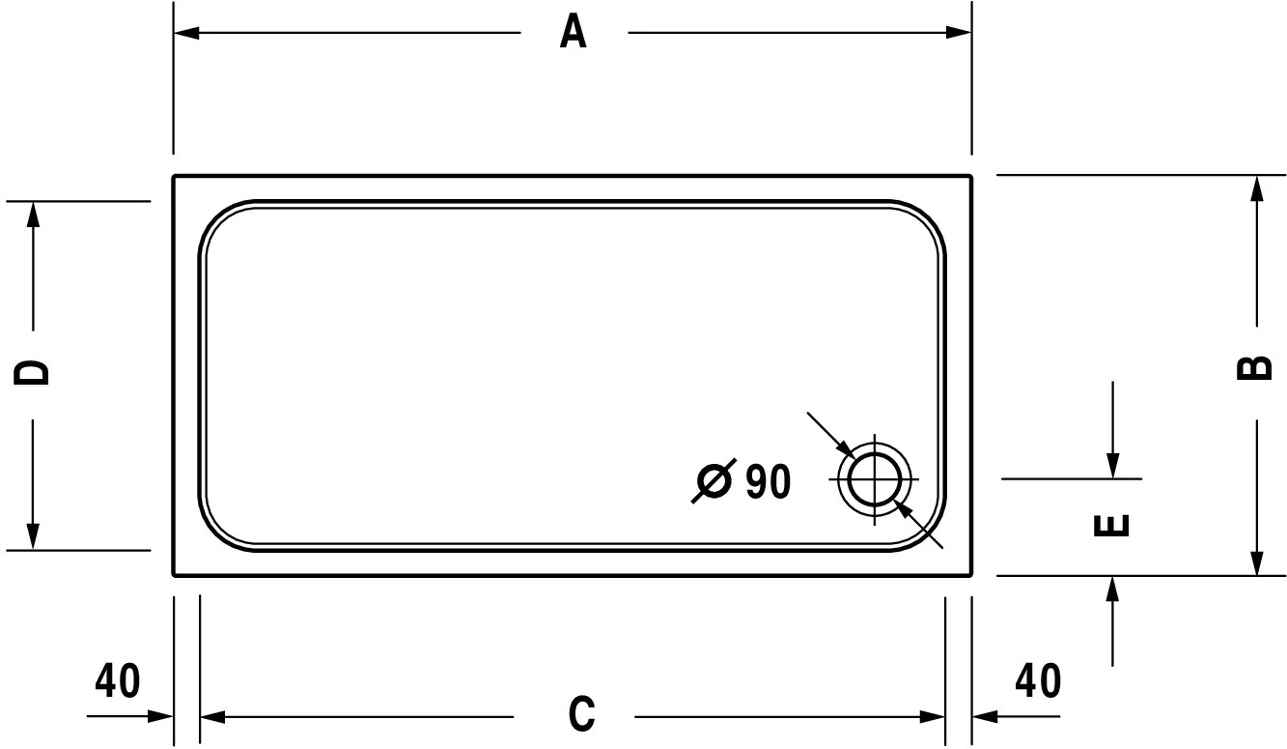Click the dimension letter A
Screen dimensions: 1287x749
pos(574,32)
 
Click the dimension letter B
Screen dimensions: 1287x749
pos(1255,367)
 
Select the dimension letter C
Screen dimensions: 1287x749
pos(581,714)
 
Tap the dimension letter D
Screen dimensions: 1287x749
pos(32,372)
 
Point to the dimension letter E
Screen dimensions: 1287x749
pos(1111,525)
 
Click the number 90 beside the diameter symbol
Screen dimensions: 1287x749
pos(769,481)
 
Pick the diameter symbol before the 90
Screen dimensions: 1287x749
pos(714,481)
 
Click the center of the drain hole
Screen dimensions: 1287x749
pos(875,479)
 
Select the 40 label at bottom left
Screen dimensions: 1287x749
pos(117,680)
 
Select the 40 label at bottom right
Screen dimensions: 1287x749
pos(1038,680)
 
